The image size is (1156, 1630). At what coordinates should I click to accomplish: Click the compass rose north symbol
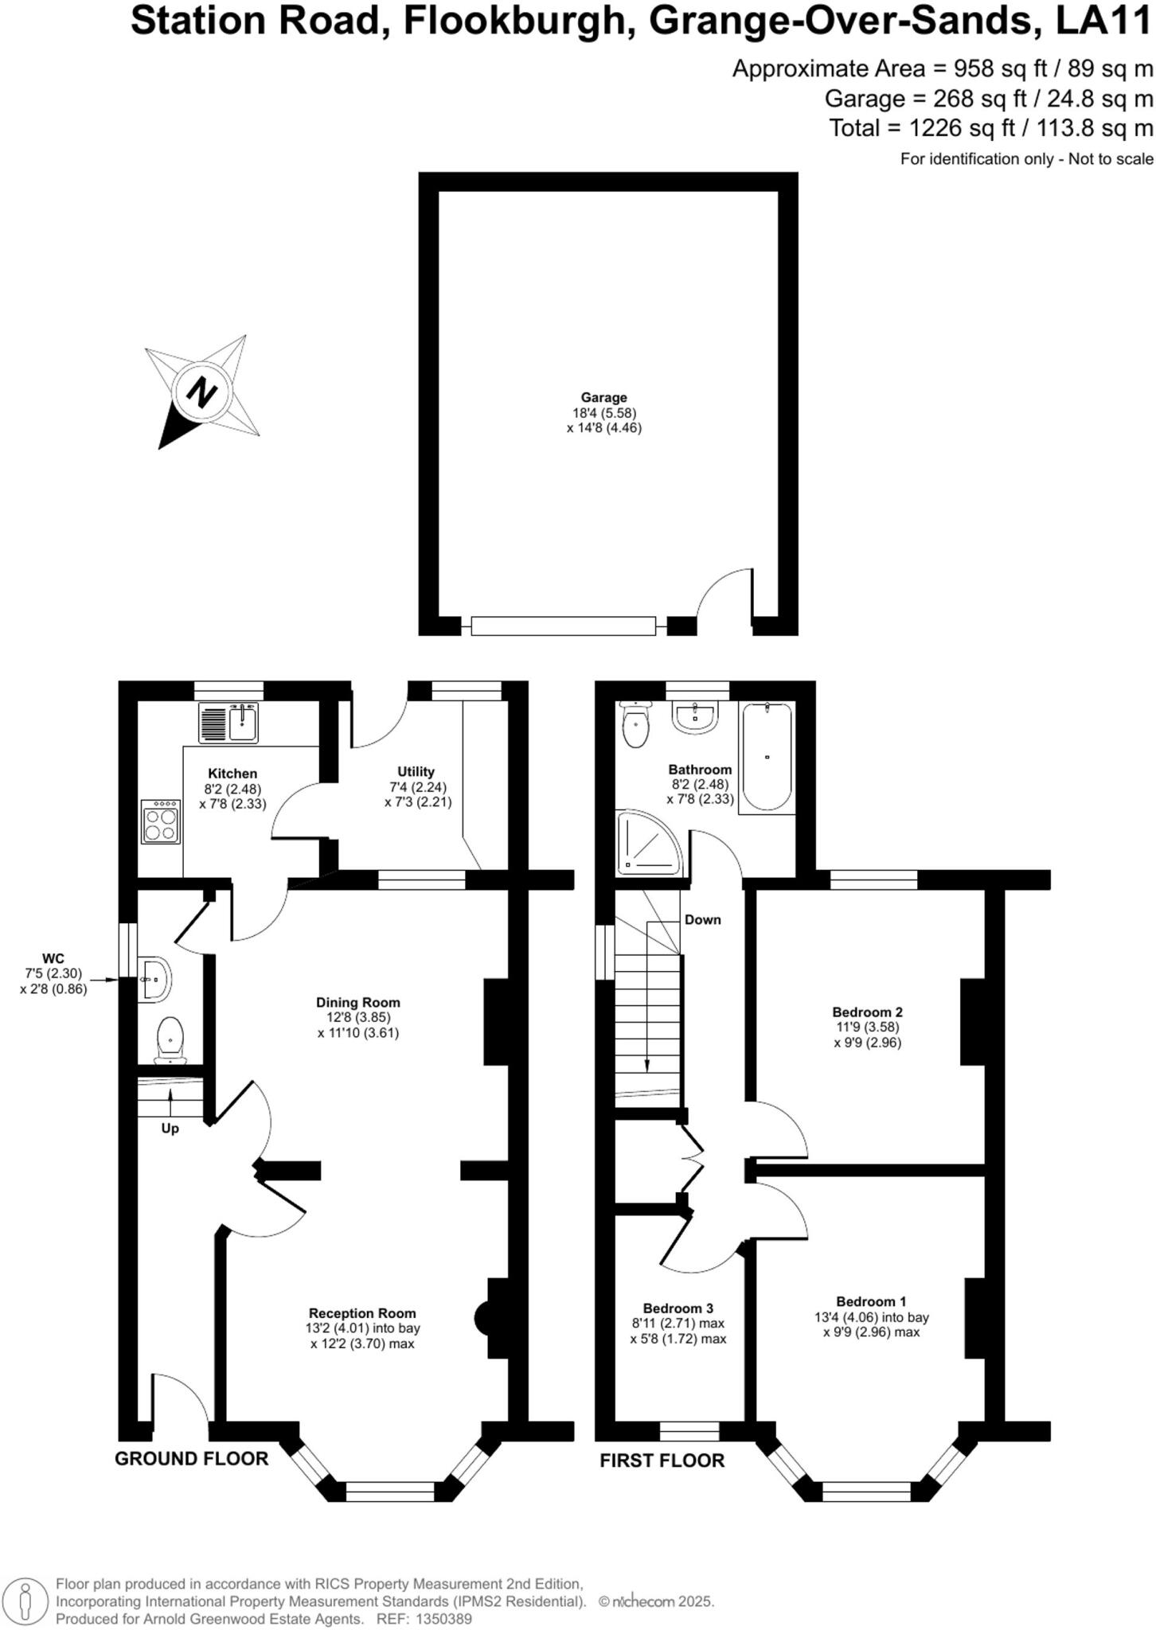[202, 392]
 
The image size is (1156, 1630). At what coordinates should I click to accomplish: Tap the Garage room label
[603, 398]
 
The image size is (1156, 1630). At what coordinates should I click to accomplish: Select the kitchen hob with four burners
[161, 821]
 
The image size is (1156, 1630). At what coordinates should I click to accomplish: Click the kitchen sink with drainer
[228, 723]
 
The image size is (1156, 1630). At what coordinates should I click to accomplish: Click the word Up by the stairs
[170, 1129]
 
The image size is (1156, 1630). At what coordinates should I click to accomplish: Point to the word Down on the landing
[703, 920]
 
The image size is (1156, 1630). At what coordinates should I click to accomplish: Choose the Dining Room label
[358, 1003]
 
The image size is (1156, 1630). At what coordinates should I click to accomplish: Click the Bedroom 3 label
[678, 1308]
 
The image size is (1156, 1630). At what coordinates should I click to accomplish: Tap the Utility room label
[416, 772]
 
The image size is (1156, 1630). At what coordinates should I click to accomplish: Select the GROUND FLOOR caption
[192, 1459]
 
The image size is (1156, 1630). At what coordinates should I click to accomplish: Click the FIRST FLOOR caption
[662, 1461]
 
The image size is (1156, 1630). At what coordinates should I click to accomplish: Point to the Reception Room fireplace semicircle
[482, 1320]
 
